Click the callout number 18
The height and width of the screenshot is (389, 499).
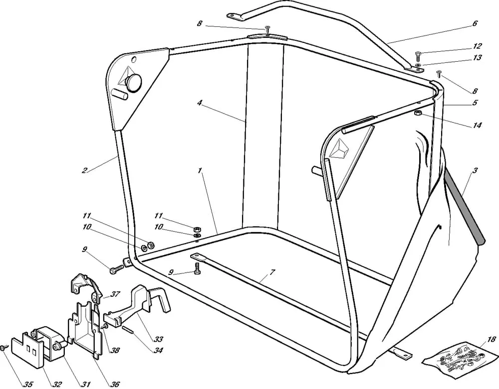click(x=491, y=340)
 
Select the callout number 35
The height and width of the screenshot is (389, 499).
click(x=28, y=385)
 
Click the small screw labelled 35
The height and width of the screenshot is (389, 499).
click(x=4, y=348)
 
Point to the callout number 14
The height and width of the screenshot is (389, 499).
click(x=477, y=126)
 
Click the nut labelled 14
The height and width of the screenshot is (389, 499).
click(x=418, y=114)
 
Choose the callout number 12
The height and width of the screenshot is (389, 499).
click(x=477, y=46)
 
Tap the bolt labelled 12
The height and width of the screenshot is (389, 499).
click(x=418, y=56)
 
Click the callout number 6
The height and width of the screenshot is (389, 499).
click(x=475, y=23)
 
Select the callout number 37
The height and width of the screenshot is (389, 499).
click(x=115, y=294)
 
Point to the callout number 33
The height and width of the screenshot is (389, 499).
click(x=158, y=339)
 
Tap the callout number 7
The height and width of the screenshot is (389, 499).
click(x=272, y=272)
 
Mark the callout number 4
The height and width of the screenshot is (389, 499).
click(x=200, y=103)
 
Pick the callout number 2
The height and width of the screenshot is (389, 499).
click(x=84, y=170)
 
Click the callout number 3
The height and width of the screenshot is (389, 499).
click(x=475, y=170)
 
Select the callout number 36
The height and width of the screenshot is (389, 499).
click(x=115, y=385)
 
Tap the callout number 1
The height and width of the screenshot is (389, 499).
click(x=200, y=170)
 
